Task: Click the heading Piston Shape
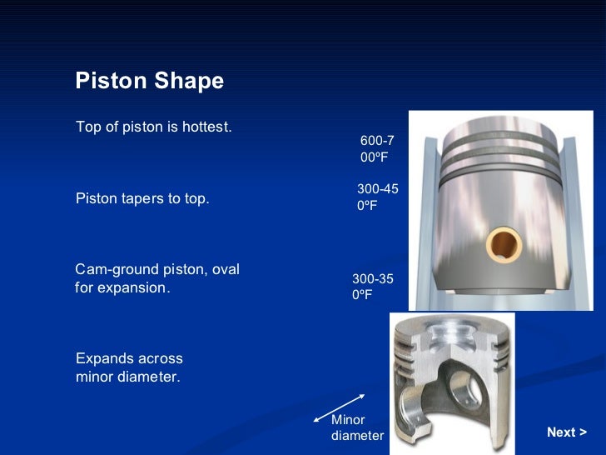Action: [x=149, y=81]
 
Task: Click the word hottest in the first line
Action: [x=206, y=127]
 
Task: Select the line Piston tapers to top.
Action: [x=142, y=199]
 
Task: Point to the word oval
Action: [x=225, y=270]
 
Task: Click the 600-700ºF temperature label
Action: [x=376, y=148]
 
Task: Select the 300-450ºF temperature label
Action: [x=377, y=197]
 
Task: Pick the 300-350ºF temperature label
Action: [x=372, y=287]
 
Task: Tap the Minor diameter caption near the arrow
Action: [x=357, y=427]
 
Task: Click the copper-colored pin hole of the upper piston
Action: [x=504, y=244]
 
